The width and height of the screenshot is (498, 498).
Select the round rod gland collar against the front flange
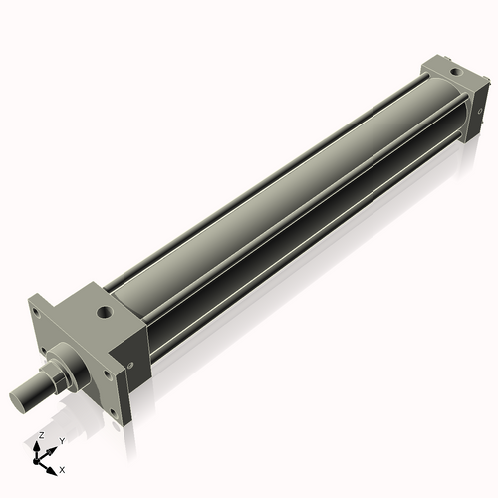[67, 360]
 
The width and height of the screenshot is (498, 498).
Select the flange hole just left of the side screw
[107, 374]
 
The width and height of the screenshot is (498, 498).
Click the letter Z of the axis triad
[40, 436]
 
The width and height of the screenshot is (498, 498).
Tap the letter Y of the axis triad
[62, 440]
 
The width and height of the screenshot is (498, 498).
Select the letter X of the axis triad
[62, 468]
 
